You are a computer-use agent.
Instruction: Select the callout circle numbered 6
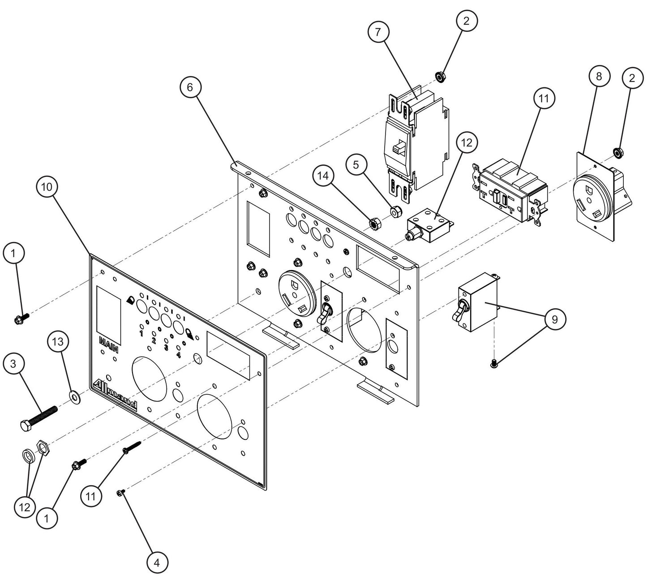190,87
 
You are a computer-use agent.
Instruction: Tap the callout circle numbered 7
378,32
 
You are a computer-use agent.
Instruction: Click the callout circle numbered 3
13,364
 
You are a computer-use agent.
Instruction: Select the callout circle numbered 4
156,562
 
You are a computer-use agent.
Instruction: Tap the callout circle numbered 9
555,319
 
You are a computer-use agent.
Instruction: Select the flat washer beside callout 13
73,395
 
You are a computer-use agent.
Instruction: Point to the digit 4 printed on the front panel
178,355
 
